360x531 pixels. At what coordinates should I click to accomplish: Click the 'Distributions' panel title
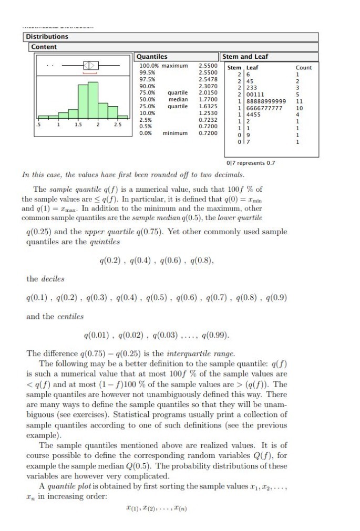point(47,37)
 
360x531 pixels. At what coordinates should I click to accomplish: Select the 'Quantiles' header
point(152,57)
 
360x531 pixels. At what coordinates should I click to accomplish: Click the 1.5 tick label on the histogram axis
point(78,125)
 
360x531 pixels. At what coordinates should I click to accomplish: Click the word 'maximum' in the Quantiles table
point(174,66)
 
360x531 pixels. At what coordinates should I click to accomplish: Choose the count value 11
point(299,101)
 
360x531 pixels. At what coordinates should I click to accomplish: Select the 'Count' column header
point(303,68)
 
